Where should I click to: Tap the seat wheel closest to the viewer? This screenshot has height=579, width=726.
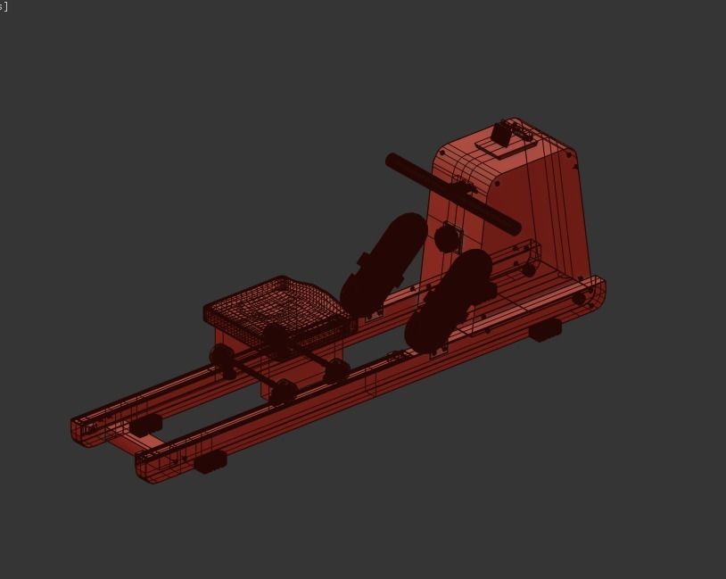coord(284,391)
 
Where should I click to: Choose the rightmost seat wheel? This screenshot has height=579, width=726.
coord(336,370)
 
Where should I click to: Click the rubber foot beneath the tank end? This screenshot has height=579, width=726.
coord(545,330)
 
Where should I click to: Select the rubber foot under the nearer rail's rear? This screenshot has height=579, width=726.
coord(210,461)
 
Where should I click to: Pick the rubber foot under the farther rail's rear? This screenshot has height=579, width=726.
coord(145,426)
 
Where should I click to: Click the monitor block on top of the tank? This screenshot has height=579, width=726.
coord(505,136)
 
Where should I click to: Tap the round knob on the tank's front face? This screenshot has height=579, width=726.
coord(446,238)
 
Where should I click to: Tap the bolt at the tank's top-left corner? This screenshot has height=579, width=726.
coord(444,153)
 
